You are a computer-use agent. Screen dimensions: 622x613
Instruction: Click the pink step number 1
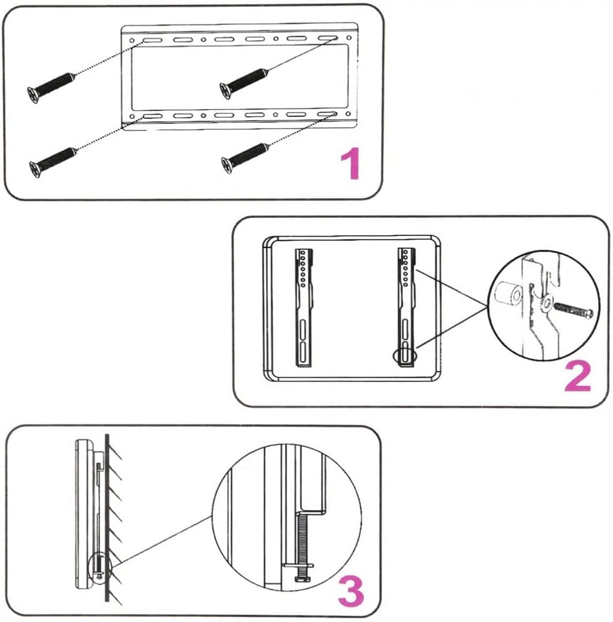tap(350, 165)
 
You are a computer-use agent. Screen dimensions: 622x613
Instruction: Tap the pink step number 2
tap(577, 376)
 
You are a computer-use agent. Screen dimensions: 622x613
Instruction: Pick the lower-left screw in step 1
tap(53, 159)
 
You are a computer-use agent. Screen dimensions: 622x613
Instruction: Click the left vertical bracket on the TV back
tap(304, 306)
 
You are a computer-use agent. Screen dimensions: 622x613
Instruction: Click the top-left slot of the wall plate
tap(151, 39)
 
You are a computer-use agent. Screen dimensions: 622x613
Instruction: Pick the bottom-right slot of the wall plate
tap(327, 115)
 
